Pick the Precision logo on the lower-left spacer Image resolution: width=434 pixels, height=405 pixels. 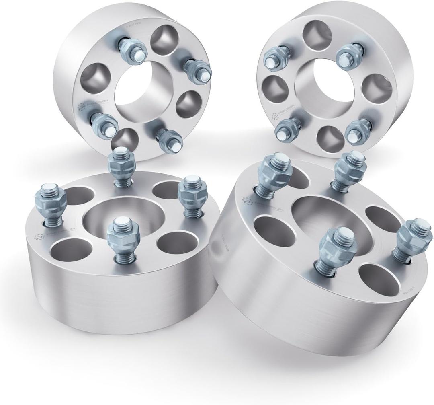(x=44, y=237)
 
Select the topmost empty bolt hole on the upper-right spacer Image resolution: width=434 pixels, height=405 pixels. (x=313, y=31)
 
